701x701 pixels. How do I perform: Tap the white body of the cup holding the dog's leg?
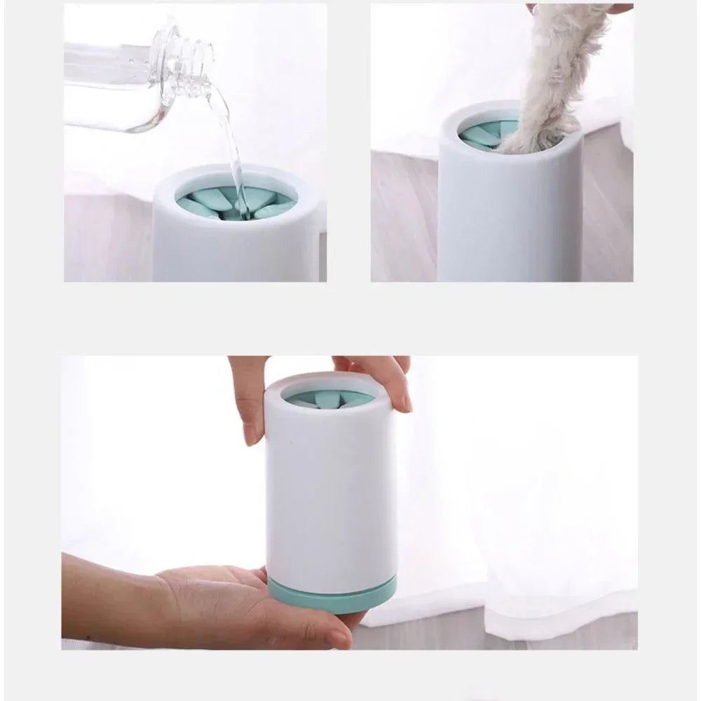tap(505, 217)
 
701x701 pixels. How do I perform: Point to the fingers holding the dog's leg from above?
tap(617, 8)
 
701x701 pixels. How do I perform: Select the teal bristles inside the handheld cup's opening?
tap(329, 400)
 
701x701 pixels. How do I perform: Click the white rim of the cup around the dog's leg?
tap(477, 109)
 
